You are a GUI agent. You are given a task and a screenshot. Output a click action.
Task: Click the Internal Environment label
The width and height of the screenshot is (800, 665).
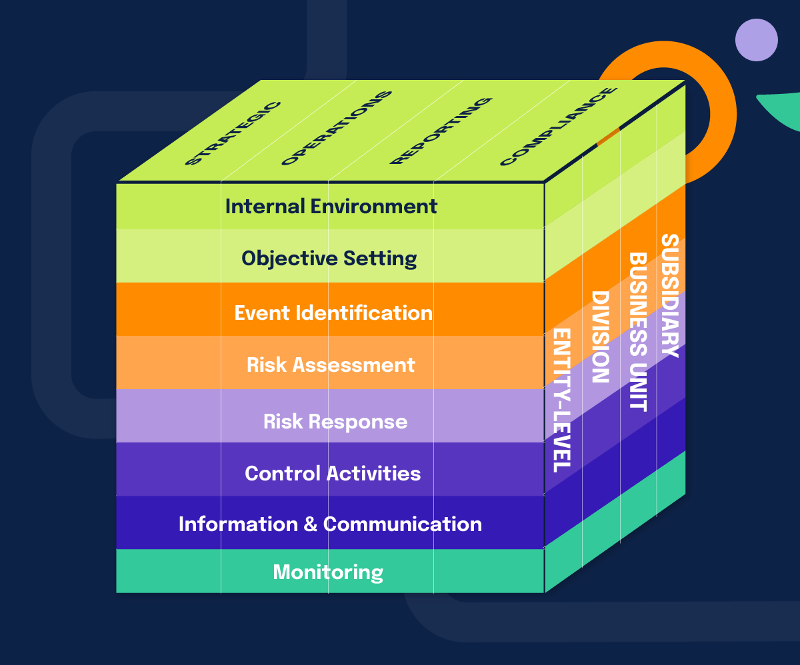tap(331, 207)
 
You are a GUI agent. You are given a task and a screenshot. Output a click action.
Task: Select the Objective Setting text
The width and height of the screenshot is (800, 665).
tap(329, 259)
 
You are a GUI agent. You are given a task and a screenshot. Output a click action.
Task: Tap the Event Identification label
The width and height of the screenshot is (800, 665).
tap(333, 313)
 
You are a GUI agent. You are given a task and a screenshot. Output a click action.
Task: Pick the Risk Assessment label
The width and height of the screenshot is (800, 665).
tap(331, 365)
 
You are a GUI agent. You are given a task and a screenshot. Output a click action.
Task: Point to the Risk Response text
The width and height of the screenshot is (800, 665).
tap(335, 422)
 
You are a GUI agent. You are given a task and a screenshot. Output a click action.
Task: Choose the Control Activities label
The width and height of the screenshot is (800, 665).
tap(333, 474)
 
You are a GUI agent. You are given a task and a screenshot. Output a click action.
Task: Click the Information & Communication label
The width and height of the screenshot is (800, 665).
tap(330, 524)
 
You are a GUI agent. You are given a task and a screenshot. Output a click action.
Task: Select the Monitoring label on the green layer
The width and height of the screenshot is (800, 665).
tap(328, 572)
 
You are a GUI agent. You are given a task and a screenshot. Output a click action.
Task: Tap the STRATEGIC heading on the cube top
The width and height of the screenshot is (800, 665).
tap(232, 133)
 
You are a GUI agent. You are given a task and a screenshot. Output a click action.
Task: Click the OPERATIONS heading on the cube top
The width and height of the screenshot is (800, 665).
tap(335, 128)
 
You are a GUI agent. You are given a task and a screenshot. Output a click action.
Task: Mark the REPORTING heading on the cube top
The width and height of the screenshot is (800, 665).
tap(441, 131)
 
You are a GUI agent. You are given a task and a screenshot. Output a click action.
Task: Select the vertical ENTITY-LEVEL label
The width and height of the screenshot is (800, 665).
tap(562, 400)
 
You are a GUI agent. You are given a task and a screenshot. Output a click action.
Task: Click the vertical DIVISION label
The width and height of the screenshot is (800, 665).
tap(600, 336)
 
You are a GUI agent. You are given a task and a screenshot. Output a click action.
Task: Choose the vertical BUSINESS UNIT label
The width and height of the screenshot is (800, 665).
tap(638, 331)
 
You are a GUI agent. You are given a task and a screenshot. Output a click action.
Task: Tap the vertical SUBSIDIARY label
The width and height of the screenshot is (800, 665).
tap(669, 295)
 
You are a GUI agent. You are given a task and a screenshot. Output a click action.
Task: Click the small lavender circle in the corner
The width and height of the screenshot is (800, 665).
tap(756, 40)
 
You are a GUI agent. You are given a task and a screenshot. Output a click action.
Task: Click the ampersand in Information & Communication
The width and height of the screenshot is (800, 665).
tap(310, 524)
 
